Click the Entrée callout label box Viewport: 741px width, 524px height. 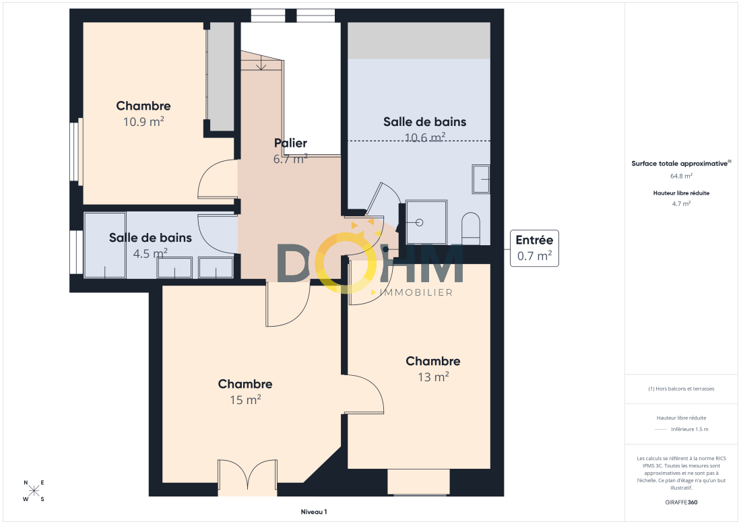tap(534, 248)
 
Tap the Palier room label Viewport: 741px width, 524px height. tap(290, 143)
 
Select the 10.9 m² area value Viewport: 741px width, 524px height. tap(143, 121)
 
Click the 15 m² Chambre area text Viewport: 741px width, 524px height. tap(245, 399)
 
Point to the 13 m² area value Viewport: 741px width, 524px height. tap(433, 376)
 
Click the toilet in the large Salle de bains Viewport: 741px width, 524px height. tap(471, 228)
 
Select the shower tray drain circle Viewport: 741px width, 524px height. tap(419, 222)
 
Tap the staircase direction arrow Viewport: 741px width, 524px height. tap(261, 62)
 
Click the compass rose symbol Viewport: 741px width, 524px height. tap(34, 490)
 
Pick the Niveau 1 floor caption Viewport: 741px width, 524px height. tap(314, 512)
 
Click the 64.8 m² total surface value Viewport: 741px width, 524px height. tap(682, 176)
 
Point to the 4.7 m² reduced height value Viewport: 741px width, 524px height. tap(682, 203)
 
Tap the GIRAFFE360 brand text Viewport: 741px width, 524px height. tap(682, 502)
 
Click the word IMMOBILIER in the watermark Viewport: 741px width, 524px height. tap(416, 292)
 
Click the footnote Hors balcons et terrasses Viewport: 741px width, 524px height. tap(682, 389)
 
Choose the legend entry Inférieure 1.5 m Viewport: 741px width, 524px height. tap(690, 429)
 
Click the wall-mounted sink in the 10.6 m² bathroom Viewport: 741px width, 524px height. tap(481, 179)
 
